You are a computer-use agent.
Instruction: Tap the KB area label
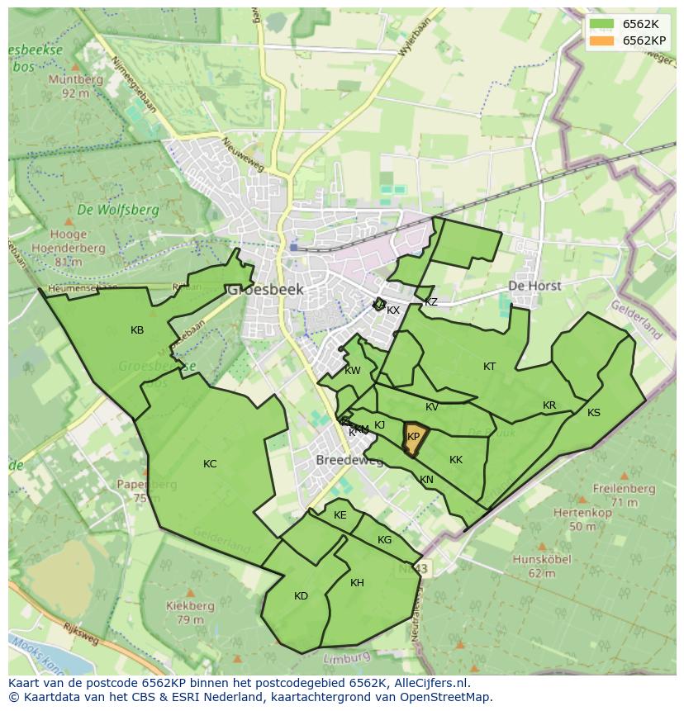(x=137, y=330)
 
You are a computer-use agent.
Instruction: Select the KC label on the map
(x=210, y=464)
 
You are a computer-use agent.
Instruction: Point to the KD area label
(x=301, y=596)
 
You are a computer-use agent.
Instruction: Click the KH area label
(x=357, y=583)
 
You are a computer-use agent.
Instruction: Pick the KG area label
(x=384, y=540)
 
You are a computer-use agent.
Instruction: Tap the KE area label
(x=340, y=515)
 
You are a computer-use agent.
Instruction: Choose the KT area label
(x=490, y=367)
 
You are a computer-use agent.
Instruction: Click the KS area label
(x=594, y=413)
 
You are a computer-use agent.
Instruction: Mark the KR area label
(x=549, y=405)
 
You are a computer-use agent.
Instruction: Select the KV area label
(x=432, y=407)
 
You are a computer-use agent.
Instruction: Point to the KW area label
(x=353, y=371)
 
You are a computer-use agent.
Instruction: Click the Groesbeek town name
(x=266, y=290)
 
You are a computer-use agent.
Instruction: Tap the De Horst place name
(x=534, y=286)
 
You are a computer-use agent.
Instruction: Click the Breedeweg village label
(x=349, y=460)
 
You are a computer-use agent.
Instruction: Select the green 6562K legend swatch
(x=603, y=24)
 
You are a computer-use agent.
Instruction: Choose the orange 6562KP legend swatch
(x=603, y=40)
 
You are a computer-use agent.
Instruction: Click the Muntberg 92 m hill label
(x=75, y=86)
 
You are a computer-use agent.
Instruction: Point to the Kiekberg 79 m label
(x=190, y=612)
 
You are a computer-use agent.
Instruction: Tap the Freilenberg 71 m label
(x=625, y=495)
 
